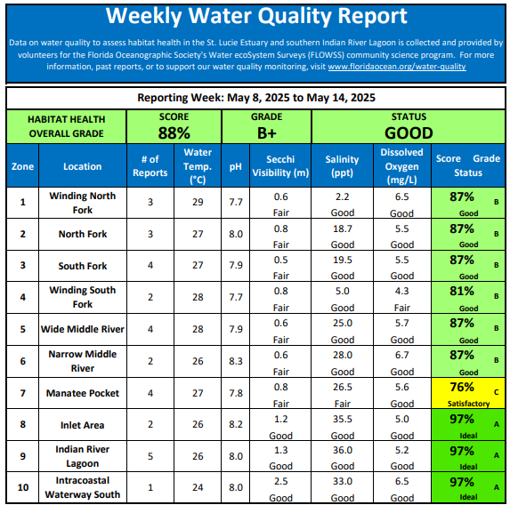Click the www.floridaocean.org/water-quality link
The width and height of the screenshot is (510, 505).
397,67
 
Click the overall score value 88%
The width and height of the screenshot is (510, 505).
174,132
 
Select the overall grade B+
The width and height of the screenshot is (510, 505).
267,132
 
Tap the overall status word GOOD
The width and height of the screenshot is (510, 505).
409,132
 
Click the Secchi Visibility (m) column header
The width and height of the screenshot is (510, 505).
280,166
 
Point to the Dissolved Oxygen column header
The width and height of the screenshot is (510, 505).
402,166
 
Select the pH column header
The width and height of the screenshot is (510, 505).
236,167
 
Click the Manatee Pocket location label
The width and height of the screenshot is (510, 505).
83,393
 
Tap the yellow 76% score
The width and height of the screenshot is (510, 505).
462,387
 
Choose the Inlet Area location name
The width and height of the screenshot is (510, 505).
82,425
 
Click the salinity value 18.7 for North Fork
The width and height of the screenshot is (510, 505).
342,228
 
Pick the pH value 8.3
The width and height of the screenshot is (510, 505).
236,361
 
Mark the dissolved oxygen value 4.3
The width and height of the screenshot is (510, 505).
402,291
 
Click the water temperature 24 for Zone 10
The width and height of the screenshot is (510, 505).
198,487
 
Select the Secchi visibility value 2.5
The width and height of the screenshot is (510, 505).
280,481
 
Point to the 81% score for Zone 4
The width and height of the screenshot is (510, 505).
462,291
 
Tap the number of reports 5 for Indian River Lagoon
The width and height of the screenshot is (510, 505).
150,456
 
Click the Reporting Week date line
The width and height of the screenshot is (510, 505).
256,98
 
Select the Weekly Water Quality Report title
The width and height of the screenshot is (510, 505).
256,16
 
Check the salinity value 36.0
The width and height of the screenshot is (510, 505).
342,450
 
